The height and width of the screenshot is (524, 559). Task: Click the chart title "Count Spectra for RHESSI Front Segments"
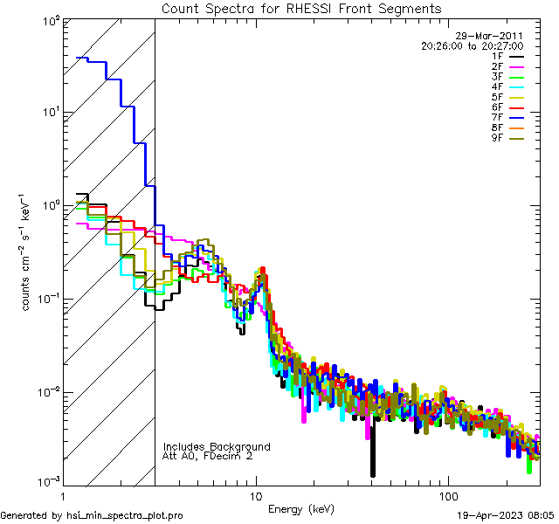pos(302,9)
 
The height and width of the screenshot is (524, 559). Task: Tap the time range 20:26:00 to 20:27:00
pos(472,45)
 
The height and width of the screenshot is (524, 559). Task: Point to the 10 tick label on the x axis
pos(256,494)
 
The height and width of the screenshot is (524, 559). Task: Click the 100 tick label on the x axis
pos(447,494)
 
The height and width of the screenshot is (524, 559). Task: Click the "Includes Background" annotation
pos(217,446)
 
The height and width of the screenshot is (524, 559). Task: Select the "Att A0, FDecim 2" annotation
pos(209,456)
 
